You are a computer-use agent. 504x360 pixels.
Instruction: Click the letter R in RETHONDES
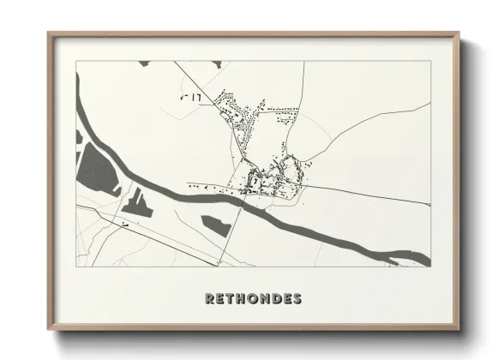[210, 299]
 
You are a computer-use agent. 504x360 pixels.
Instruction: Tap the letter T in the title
[233, 299]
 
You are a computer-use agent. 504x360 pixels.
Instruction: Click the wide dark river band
[283, 219]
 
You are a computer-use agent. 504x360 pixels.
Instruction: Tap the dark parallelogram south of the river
[215, 225]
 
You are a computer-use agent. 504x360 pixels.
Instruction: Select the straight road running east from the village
[369, 195]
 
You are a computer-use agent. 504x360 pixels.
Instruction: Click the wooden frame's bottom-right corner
[458, 329]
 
